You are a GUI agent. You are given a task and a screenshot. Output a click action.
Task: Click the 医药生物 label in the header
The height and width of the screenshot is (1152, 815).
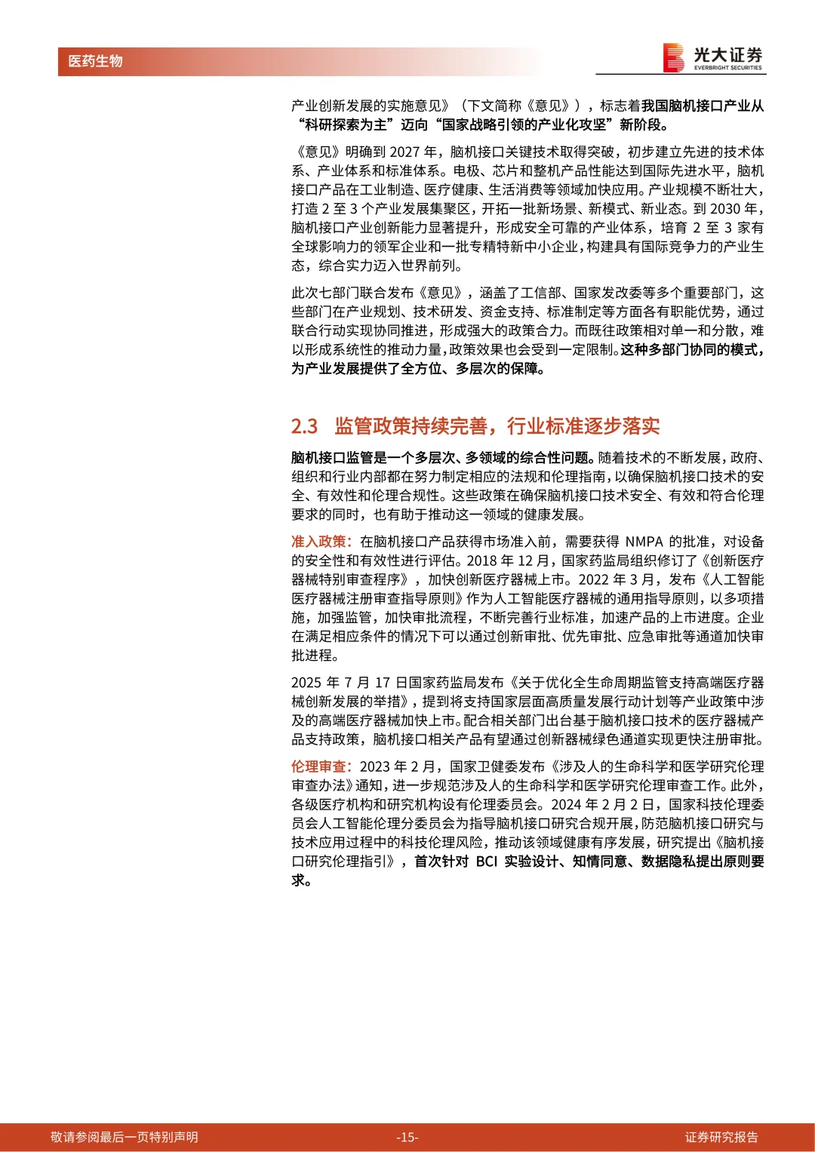coord(95,61)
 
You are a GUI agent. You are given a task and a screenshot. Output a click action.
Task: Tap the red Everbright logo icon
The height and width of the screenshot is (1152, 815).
coord(673,57)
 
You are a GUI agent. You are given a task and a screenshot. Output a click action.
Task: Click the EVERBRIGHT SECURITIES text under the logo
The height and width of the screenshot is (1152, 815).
coord(727,68)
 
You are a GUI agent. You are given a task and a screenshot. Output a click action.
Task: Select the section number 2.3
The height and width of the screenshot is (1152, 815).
coord(304,426)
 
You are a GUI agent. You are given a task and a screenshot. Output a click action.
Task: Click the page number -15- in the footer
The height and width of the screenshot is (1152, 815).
coord(407,1137)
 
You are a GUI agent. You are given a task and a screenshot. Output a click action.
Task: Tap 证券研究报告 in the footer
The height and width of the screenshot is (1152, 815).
coord(721,1137)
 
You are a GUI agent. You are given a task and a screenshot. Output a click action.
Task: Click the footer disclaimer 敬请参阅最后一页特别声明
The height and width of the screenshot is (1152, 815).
coord(125,1137)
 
